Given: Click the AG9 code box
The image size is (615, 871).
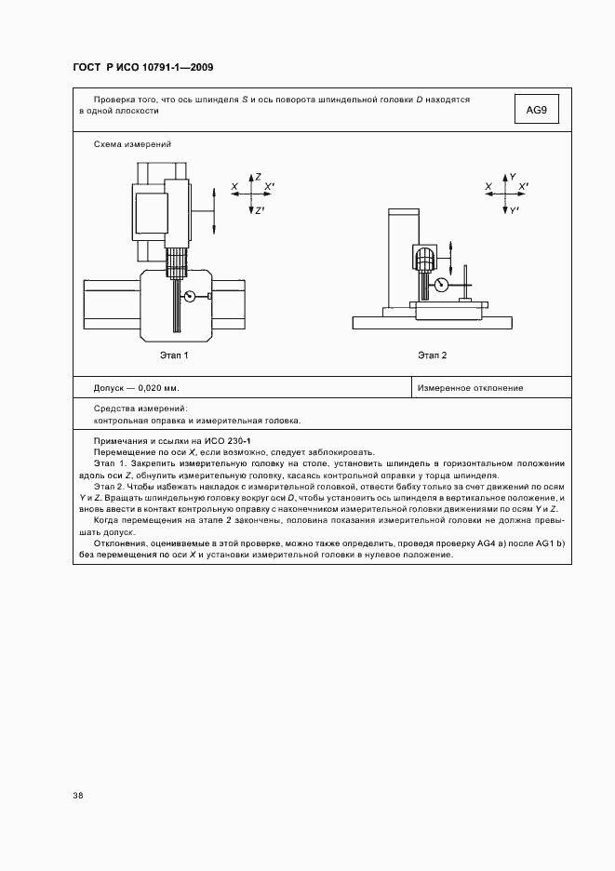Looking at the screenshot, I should coord(536,111).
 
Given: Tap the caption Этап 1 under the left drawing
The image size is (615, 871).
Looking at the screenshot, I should coord(173,355).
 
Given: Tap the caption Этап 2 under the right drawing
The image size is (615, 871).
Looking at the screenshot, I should coord(432,355).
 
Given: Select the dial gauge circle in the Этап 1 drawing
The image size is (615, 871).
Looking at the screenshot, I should coord(191,297).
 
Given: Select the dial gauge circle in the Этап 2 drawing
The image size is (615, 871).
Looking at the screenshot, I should coord(442,284).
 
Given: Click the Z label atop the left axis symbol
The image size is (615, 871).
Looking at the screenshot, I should coord(258,176).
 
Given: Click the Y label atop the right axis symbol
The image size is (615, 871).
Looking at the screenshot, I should coord(513,176).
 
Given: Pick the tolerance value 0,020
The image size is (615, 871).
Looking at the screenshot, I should coord(152,388).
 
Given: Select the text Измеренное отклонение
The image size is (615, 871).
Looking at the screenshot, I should coord(470,388).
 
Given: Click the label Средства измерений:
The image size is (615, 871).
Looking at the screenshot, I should coord(140,409).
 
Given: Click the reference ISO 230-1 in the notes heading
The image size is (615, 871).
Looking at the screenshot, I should coord(245,439).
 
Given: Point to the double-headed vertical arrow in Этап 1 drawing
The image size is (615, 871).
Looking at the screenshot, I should coord(215,210).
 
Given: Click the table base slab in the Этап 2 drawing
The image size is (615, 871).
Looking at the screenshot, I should coord(432,323).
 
